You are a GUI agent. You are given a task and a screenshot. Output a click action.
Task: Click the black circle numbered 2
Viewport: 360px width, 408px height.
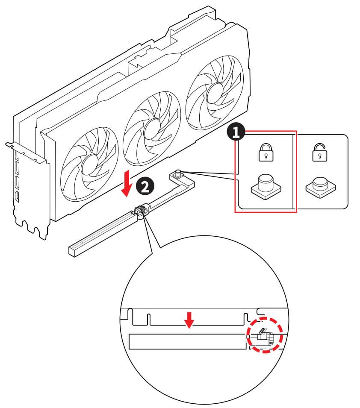point(143,186)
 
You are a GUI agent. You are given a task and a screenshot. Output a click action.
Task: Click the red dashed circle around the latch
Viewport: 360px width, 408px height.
point(265,335)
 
